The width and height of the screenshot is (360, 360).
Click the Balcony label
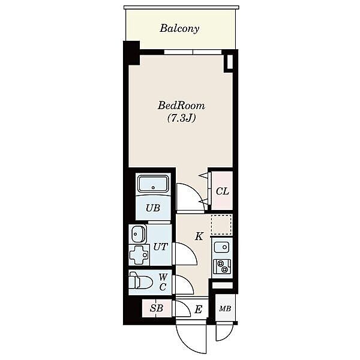point(179,28)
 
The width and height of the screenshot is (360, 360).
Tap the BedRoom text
point(181,106)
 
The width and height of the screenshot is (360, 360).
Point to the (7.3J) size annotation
point(181,118)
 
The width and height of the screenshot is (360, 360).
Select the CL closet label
point(222,191)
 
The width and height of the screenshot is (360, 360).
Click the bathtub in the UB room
point(154,183)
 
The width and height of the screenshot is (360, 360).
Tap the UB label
point(153,208)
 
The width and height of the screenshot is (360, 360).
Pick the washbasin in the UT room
point(138,234)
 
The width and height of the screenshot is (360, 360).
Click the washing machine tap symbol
point(139,255)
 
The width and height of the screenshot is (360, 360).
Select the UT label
point(160,247)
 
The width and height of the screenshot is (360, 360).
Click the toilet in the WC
point(140,280)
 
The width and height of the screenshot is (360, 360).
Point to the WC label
point(163,282)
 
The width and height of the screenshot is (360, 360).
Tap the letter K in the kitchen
point(199,236)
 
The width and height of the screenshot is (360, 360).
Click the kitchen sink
point(222,247)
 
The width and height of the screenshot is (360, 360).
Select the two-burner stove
point(221,266)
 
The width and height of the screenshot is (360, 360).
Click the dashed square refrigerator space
point(221,224)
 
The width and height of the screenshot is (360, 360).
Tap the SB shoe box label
point(157,308)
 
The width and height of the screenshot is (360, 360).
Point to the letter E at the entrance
point(198,309)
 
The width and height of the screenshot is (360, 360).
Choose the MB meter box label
point(225,308)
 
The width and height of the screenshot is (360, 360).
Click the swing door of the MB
point(223,331)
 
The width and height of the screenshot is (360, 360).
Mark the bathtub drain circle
point(154,187)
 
